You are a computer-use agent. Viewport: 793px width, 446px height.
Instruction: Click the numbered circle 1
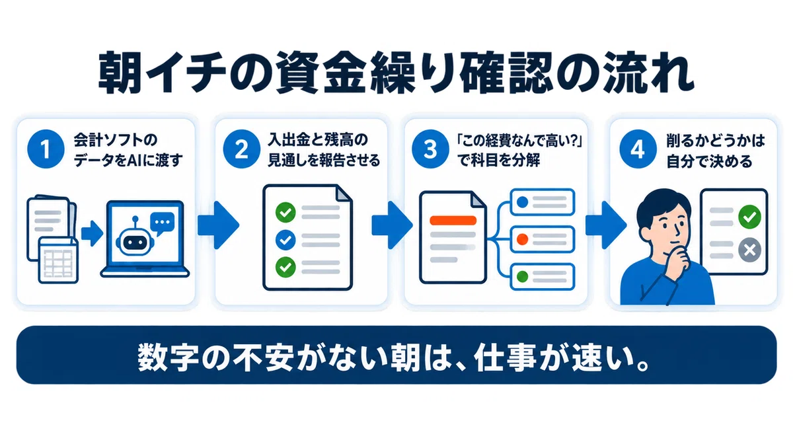[x=46, y=149]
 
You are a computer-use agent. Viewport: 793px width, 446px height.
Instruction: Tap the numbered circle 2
[x=241, y=149]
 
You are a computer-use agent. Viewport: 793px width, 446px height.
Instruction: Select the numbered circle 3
[x=430, y=149]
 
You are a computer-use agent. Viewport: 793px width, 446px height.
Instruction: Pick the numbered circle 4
[x=638, y=149]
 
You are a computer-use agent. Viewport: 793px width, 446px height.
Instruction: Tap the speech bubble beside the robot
[x=162, y=224]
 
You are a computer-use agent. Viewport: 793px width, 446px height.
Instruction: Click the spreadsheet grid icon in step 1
[x=58, y=260]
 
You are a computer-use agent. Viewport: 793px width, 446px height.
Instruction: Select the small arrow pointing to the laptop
[x=92, y=233]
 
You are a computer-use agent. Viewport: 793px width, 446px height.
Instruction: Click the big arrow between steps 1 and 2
[x=219, y=225]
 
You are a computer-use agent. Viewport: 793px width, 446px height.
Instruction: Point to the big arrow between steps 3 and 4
[x=606, y=225]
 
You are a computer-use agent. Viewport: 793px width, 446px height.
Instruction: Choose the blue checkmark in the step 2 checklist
[x=285, y=240]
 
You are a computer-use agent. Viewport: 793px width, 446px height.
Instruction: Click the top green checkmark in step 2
[x=285, y=212]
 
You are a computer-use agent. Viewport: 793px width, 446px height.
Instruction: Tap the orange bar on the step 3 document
[x=453, y=221]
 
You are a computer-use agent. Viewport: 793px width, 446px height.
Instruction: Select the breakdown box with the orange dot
[x=542, y=239]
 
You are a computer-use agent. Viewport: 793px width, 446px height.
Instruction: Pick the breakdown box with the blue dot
[x=542, y=202]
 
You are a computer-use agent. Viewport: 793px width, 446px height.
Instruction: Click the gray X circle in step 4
[x=749, y=250]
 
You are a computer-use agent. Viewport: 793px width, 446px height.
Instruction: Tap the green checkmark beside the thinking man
[x=749, y=217]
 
